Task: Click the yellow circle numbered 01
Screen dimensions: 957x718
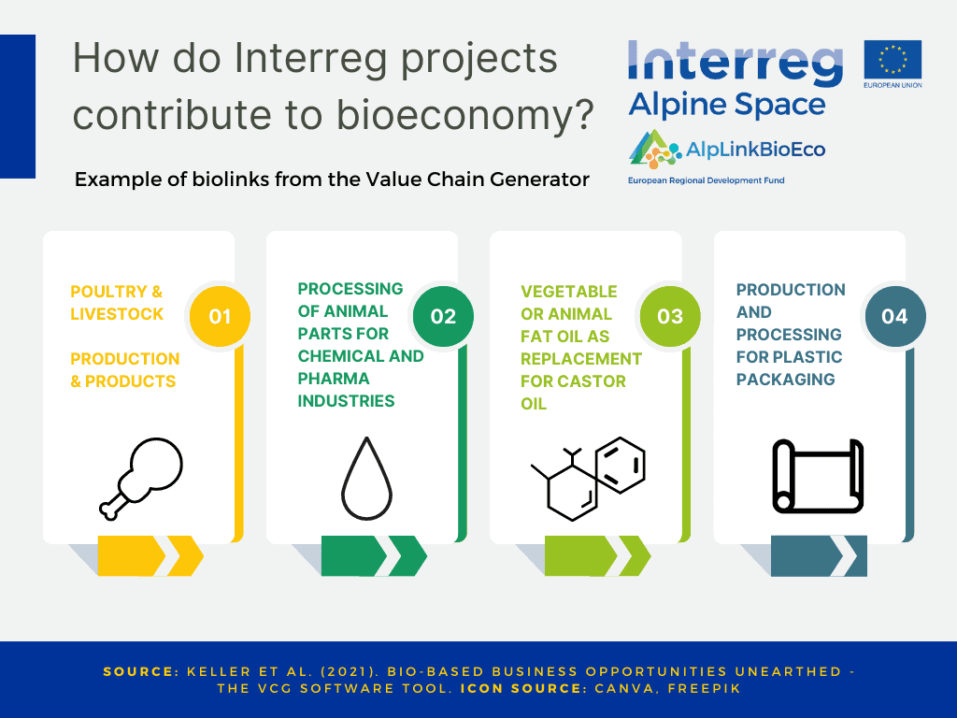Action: (x=220, y=316)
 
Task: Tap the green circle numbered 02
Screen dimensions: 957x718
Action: (x=443, y=316)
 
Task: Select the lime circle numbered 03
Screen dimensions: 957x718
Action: (x=670, y=316)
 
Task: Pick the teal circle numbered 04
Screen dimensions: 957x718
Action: (x=894, y=316)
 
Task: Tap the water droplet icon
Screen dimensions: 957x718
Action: (x=366, y=479)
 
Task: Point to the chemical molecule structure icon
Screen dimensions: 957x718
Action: (x=588, y=479)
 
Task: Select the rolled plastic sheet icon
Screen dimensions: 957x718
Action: (x=818, y=476)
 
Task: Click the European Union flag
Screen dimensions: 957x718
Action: (x=893, y=60)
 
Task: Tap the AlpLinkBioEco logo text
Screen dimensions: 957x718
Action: (x=755, y=150)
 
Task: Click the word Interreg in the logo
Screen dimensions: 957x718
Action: (x=735, y=63)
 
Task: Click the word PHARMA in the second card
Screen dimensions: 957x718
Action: (x=334, y=379)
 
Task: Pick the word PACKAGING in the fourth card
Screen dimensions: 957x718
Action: (x=785, y=380)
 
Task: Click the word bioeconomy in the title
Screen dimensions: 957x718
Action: (x=465, y=115)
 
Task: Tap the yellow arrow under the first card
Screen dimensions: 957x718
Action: (x=150, y=555)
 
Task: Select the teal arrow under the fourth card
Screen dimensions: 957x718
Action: (x=819, y=555)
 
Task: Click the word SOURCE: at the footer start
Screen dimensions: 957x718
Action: (x=141, y=671)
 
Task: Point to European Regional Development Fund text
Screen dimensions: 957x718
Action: (x=707, y=180)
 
